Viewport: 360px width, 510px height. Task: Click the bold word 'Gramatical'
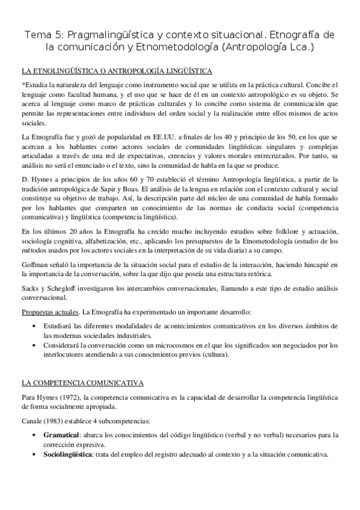[x=64, y=434]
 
